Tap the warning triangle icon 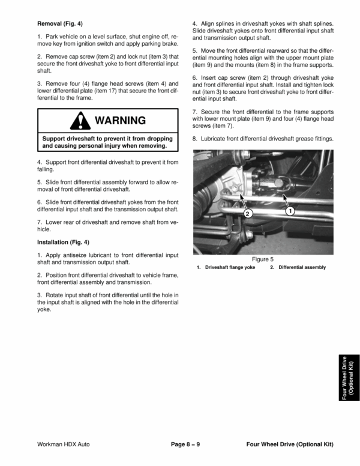(80, 121)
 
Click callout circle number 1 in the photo (290, 211)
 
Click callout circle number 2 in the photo (248, 213)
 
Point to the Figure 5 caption (262, 259)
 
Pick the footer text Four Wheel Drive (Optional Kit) (289, 444)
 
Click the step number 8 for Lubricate (194, 139)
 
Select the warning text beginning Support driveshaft (108, 142)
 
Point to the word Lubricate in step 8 (214, 139)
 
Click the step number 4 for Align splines (194, 22)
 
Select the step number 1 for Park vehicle (39, 37)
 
